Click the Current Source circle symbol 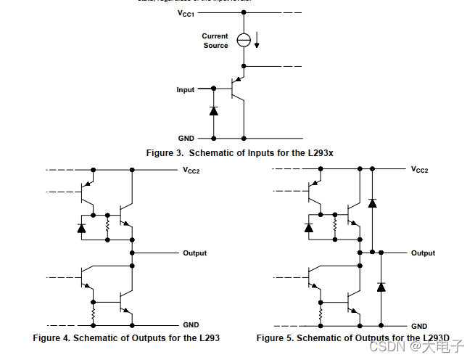[x=244, y=41]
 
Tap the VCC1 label [x=186, y=13]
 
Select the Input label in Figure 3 [x=186, y=90]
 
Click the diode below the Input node [x=214, y=111]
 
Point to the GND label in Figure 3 [x=186, y=138]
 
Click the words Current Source [x=215, y=41]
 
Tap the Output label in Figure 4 [x=194, y=253]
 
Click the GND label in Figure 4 [x=191, y=326]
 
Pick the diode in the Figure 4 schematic [x=80, y=228]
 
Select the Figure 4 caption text [x=126, y=338]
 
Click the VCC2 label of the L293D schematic [x=420, y=170]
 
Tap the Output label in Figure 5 [x=424, y=253]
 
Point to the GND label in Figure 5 [x=419, y=327]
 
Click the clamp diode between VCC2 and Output [x=372, y=202]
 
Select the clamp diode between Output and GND [x=381, y=287]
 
